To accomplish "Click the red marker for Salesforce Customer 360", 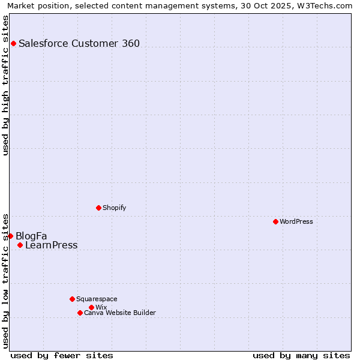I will (13, 43).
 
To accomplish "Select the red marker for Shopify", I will (98, 208).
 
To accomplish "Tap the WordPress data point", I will (275, 221).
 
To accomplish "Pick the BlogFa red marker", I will (10, 236).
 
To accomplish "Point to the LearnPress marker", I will (20, 245).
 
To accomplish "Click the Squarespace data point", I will (72, 299).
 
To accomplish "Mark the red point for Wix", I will (91, 307).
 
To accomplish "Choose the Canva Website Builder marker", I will (80, 313).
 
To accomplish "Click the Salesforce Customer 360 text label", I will (79, 43).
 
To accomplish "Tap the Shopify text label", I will (114, 208).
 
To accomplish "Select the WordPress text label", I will (296, 221).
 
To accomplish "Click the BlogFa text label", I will (31, 236).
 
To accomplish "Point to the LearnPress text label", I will (51, 245).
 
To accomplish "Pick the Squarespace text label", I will (97, 299).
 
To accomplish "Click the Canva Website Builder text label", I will (119, 313).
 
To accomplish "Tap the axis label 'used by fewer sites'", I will (62, 355).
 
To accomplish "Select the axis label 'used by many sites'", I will (301, 355).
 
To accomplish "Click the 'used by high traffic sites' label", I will (5, 85).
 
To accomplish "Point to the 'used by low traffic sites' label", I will (5, 280).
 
